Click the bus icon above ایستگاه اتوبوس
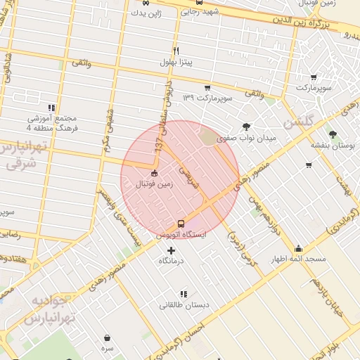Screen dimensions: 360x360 [181, 224]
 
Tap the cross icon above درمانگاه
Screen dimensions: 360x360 [172, 250]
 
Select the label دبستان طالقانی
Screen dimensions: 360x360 [184, 305]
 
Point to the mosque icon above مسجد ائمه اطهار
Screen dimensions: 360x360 [299, 248]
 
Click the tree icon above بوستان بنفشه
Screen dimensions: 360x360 [332, 134]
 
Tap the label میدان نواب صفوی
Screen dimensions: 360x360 [245, 139]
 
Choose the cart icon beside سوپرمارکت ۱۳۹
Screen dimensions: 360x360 [207, 88]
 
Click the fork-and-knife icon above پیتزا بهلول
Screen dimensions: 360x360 [176, 51]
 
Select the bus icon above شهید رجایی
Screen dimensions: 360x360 [200, 2]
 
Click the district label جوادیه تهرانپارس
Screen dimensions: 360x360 [49, 309]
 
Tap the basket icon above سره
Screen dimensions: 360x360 [107, 337]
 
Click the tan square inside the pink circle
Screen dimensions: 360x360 [209, 137]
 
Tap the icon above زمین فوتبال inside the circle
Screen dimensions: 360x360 [155, 173]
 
